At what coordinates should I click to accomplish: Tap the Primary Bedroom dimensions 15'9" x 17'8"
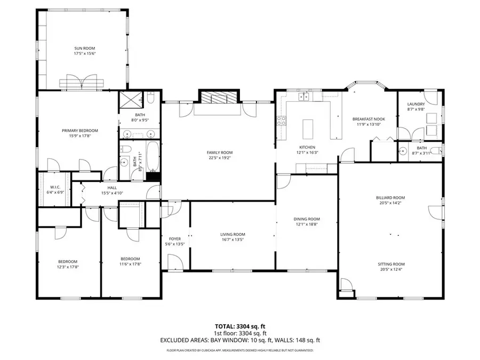(80, 136)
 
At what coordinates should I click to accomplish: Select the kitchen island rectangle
(307, 129)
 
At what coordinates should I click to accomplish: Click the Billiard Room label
(390, 197)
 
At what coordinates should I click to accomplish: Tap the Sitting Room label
(390, 264)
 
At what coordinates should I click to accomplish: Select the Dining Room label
(307, 219)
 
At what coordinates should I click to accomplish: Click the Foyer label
(175, 238)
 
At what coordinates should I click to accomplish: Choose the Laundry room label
(416, 104)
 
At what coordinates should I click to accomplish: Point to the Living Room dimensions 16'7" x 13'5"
(233, 239)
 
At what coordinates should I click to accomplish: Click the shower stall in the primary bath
(130, 99)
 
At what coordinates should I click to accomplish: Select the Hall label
(112, 187)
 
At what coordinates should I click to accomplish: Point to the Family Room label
(220, 153)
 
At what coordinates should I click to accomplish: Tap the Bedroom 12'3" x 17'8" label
(68, 261)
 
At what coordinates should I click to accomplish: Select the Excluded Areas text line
(240, 340)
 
